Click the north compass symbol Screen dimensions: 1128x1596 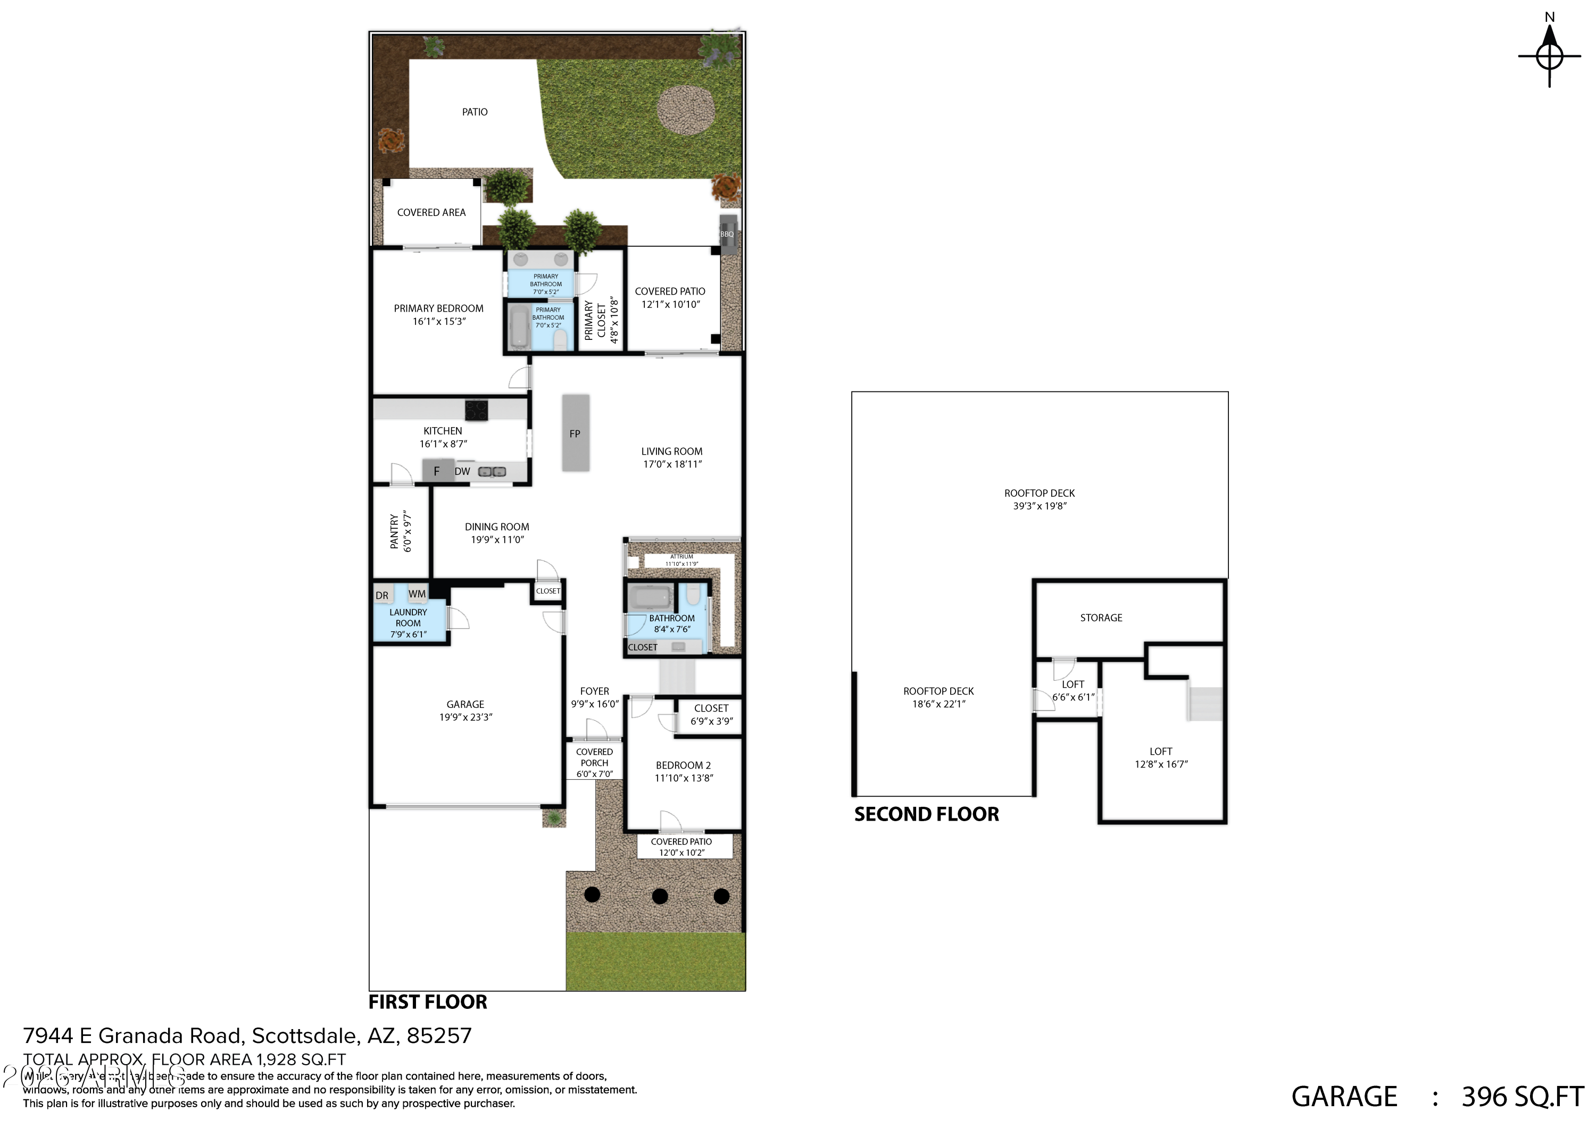click(x=1549, y=56)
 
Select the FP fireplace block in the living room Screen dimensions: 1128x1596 click(x=575, y=433)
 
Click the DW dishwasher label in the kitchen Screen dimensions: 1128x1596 click(x=462, y=471)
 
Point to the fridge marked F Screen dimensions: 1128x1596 click(x=437, y=471)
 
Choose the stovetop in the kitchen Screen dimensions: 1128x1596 click(x=476, y=410)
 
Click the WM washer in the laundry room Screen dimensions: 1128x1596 click(x=417, y=594)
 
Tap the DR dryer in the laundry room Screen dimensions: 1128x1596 click(x=383, y=595)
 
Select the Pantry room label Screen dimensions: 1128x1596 click(x=394, y=532)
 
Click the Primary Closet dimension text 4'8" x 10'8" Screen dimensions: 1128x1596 click(x=614, y=321)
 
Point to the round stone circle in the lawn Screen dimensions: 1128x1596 click(x=685, y=111)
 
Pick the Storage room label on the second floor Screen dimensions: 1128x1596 click(x=1100, y=617)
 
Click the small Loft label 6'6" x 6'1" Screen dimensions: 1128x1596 click(x=1073, y=691)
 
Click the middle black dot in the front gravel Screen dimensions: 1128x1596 click(x=660, y=896)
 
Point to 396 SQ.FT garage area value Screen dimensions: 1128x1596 click(x=1522, y=1097)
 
